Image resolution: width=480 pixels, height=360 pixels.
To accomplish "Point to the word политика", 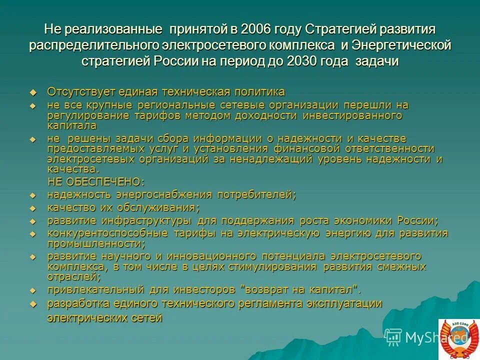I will (x=260, y=92).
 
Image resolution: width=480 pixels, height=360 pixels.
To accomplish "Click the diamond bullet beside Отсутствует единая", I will (x=33, y=92).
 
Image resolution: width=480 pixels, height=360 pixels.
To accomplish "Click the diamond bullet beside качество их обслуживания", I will (x=33, y=208).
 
